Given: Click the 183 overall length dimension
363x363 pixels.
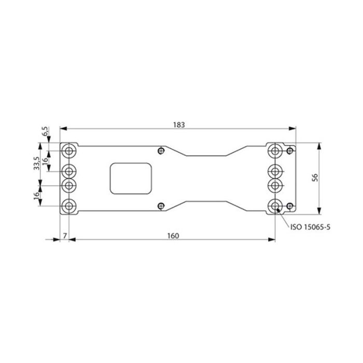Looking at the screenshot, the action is [179, 125].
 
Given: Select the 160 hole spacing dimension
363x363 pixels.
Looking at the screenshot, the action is [173, 236].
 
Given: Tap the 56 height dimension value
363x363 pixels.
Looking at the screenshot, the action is [315, 177].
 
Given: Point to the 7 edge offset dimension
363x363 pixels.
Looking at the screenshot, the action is [65, 236].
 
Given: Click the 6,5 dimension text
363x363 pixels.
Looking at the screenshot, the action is [46, 131].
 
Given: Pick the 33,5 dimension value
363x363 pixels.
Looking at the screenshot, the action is [37, 163].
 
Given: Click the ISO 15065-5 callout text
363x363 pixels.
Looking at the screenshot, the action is [310, 227].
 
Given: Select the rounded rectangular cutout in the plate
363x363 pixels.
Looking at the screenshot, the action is [131, 178].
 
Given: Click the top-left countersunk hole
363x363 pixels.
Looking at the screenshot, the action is [69, 151].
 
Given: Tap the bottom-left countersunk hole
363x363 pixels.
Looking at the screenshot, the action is [69, 206].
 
